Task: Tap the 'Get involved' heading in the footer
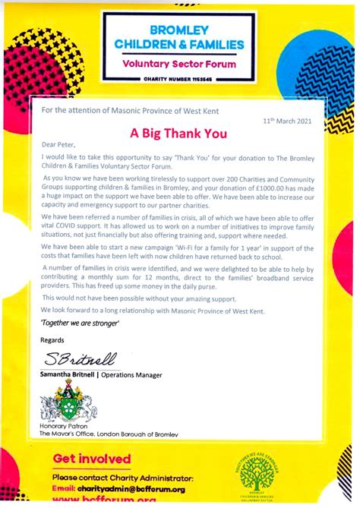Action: [92, 459]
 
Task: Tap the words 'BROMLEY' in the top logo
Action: [180, 30]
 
